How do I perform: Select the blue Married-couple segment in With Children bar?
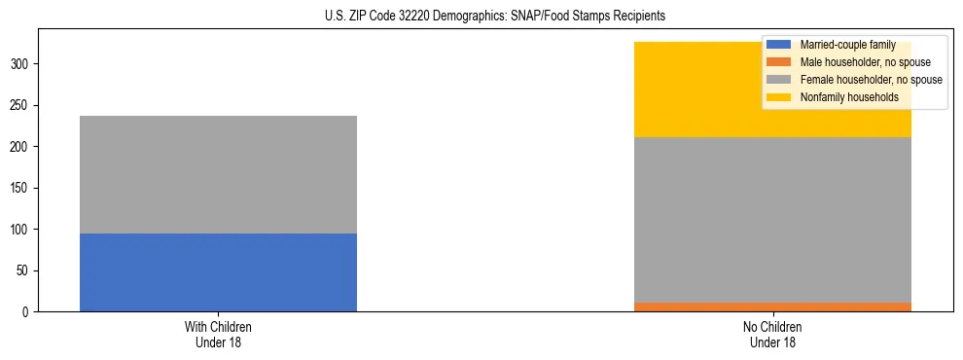tap(218, 272)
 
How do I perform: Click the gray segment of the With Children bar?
tap(218, 174)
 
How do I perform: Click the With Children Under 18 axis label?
tap(218, 334)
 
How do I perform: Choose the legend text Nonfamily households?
tap(842, 97)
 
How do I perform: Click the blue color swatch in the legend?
tap(779, 45)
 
